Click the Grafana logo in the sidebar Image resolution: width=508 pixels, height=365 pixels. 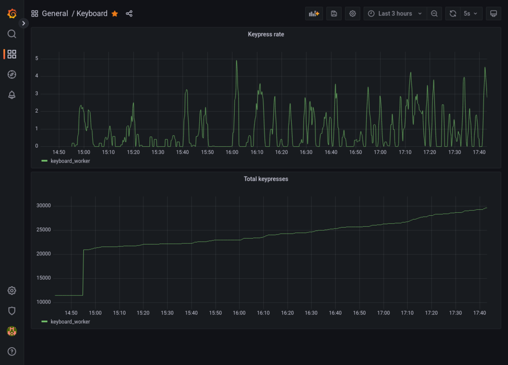click(x=12, y=13)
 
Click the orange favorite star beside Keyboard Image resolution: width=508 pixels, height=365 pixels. click(x=115, y=13)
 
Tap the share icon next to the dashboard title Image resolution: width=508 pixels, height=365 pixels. click(x=129, y=13)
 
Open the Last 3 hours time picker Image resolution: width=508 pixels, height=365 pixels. click(x=395, y=13)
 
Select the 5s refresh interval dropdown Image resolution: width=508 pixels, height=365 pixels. click(x=470, y=13)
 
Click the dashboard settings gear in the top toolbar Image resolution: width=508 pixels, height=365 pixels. click(x=353, y=13)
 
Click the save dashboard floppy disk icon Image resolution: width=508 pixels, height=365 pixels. click(x=334, y=13)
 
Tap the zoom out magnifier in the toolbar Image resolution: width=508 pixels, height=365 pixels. click(x=434, y=13)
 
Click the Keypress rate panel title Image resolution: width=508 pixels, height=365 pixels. click(x=266, y=34)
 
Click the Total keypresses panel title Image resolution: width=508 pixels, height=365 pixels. click(x=266, y=179)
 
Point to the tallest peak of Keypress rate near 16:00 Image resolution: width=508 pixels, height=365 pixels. click(x=237, y=61)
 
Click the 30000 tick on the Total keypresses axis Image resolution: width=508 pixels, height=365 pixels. click(x=44, y=206)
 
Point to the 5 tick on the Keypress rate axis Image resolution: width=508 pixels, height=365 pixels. click(x=37, y=59)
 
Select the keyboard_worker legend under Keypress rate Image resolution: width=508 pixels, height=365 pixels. click(x=70, y=161)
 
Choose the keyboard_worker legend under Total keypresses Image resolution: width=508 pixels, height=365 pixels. click(x=70, y=321)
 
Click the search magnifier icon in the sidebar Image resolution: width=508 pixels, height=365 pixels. click(x=12, y=34)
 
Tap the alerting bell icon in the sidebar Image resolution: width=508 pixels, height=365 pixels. click(x=12, y=95)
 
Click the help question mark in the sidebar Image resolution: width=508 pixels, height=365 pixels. click(x=12, y=352)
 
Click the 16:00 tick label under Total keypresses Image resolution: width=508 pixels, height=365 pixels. click(x=239, y=313)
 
